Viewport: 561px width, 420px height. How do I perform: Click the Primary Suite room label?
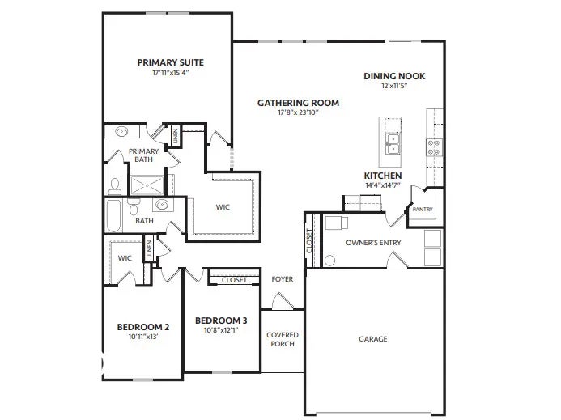point(170,62)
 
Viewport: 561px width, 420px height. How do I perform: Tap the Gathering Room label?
point(298,103)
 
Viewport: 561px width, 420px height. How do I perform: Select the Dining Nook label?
point(394,76)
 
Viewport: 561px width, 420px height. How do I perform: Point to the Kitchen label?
point(383,176)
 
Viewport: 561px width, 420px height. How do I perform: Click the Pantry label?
point(423,210)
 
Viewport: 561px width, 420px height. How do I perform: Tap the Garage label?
point(372,339)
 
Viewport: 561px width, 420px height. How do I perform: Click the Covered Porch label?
point(283,339)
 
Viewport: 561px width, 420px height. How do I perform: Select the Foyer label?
point(282,279)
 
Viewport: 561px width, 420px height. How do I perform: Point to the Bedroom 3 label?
point(221,320)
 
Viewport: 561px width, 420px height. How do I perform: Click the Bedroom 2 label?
point(143,327)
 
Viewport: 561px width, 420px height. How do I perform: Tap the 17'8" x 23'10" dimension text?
point(298,113)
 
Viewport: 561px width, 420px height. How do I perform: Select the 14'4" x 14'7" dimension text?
point(383,185)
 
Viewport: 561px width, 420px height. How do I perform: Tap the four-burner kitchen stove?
point(434,146)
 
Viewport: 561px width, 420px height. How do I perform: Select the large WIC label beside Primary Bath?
point(223,207)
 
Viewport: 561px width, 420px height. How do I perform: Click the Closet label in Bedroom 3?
point(234,280)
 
